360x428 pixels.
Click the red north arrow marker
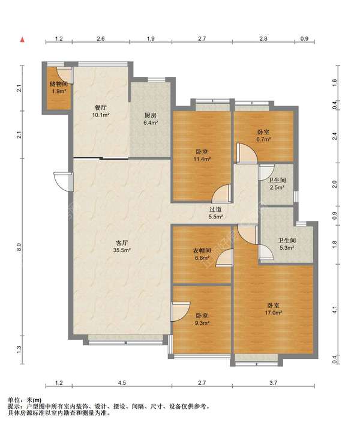[x=23, y=40]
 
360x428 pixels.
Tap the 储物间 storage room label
[x=59, y=88]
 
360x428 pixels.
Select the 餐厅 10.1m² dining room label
[x=101, y=112]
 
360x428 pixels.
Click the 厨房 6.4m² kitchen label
[x=151, y=119]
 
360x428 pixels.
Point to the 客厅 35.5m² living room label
[x=122, y=246]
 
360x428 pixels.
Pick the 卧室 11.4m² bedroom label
[x=202, y=155]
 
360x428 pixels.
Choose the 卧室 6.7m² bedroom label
[x=263, y=136]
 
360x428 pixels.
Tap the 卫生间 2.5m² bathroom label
[x=277, y=184]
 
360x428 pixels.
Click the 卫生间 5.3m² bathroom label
[x=287, y=244]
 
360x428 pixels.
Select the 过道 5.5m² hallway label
[x=215, y=213]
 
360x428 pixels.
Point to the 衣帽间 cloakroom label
[x=202, y=254]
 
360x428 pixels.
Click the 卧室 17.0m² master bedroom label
[x=273, y=309]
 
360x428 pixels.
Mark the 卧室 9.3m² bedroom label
[x=202, y=319]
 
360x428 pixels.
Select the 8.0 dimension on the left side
[x=19, y=247]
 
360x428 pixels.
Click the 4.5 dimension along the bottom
[x=122, y=383]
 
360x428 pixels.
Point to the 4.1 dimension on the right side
[x=335, y=310]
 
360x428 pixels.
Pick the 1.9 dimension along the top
[x=151, y=39]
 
